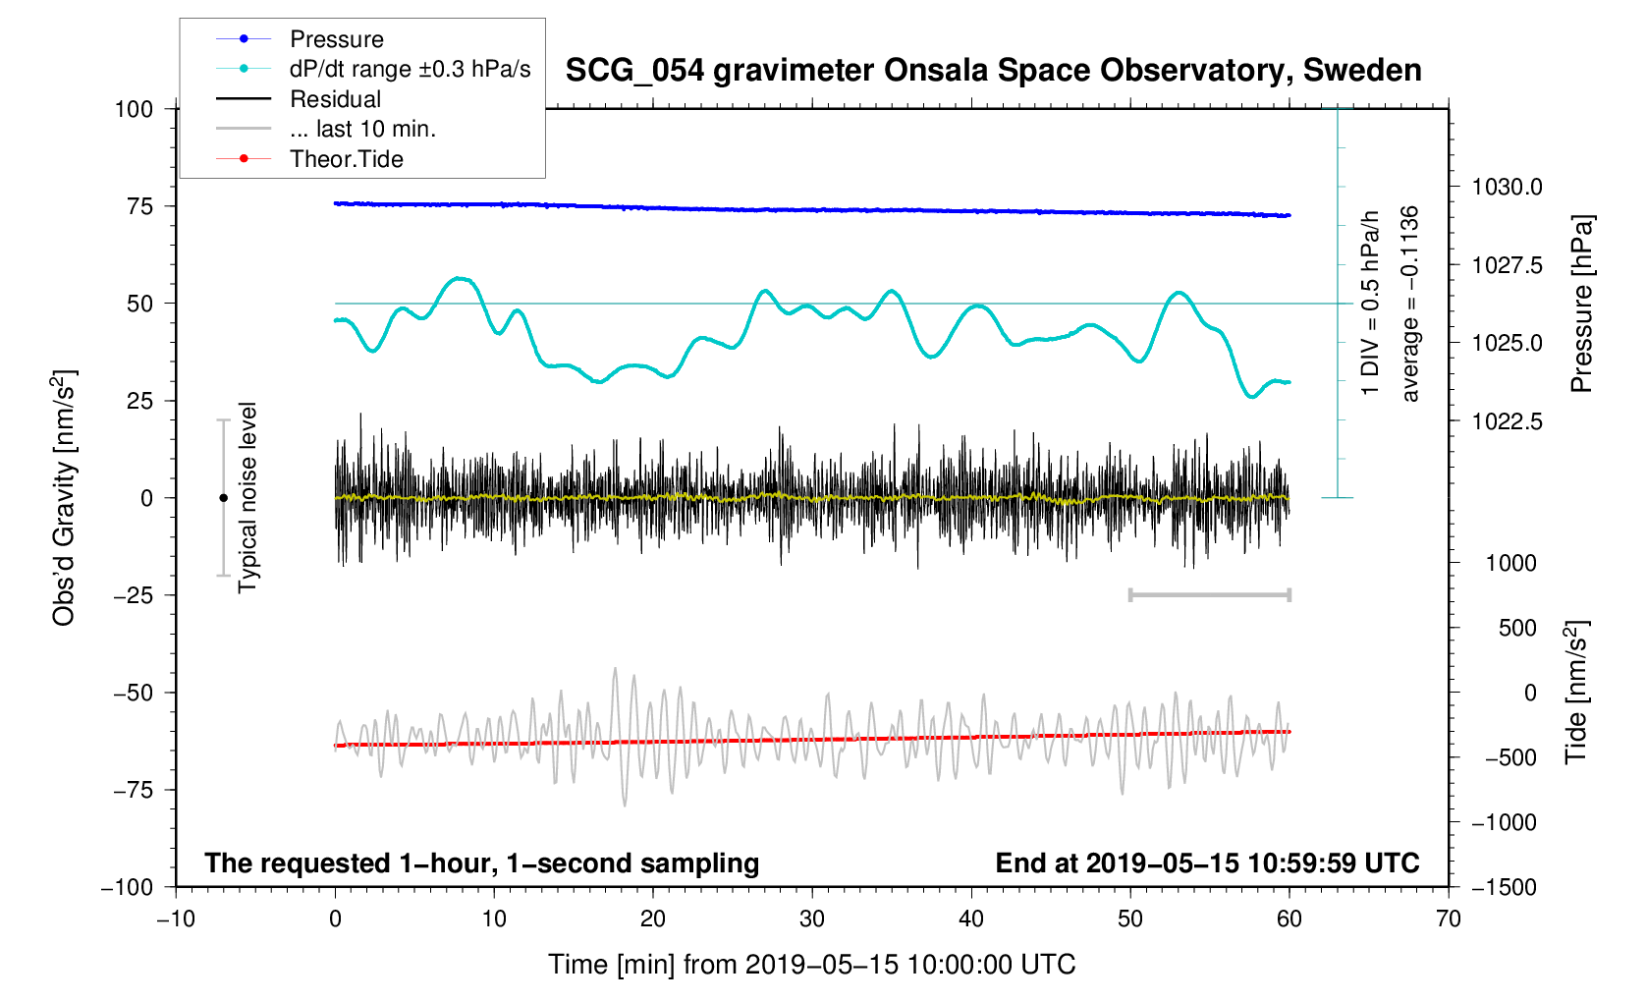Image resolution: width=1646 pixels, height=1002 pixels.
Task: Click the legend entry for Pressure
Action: tap(337, 39)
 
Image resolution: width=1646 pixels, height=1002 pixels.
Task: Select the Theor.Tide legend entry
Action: tap(346, 159)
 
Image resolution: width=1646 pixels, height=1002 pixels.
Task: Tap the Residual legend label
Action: tap(335, 99)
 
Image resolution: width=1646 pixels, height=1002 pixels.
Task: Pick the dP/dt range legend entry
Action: tap(410, 69)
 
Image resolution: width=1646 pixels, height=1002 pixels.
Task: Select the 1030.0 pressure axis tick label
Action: tap(1507, 187)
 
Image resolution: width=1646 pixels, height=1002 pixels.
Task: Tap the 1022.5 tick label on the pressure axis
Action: tap(1507, 421)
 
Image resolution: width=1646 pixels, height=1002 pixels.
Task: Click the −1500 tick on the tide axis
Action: tap(1503, 887)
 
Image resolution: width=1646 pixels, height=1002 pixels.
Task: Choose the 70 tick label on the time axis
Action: tap(1449, 919)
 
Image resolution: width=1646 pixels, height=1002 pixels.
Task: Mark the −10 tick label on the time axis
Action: tap(176, 919)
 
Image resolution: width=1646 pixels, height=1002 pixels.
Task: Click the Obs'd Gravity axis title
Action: tap(65, 498)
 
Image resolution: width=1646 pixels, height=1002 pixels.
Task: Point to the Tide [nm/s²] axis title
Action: tap(1576, 693)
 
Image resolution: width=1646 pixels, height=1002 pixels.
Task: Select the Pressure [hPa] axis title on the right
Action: tap(1581, 305)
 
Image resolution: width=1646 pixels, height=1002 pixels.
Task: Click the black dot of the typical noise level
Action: tap(224, 498)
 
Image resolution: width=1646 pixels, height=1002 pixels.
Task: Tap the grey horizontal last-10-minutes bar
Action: tap(1210, 594)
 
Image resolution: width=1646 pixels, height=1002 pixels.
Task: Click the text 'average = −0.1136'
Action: tap(1410, 304)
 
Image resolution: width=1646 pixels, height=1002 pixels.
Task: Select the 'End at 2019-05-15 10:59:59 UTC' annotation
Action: tap(1207, 863)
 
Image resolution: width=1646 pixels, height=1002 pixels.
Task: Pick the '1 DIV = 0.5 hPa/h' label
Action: tap(1370, 304)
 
